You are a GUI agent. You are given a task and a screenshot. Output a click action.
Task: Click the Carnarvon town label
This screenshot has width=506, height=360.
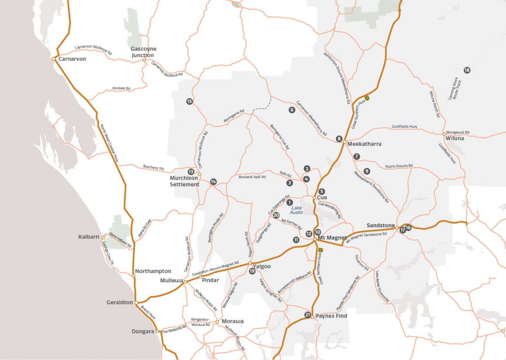(x=72, y=59)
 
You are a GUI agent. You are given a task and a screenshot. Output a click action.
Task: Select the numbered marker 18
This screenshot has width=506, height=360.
(x=467, y=70)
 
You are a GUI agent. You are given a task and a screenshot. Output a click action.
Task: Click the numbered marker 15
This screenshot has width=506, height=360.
(x=189, y=101)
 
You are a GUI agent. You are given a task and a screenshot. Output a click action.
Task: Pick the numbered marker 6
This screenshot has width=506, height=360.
(x=292, y=110)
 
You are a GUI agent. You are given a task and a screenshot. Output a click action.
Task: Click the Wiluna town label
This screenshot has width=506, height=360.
(x=455, y=138)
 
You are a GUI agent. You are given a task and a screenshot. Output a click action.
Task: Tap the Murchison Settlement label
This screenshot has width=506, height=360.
(x=184, y=181)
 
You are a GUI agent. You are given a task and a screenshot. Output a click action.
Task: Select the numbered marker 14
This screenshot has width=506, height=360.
(x=213, y=181)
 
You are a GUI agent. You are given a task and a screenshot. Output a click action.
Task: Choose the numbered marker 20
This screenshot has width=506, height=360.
(x=276, y=215)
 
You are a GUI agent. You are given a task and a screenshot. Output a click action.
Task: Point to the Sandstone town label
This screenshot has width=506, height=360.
(x=380, y=225)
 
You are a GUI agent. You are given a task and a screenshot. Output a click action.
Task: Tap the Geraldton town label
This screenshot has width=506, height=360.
(x=119, y=302)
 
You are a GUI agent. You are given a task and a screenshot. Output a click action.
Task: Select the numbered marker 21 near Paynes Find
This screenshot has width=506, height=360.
(x=307, y=315)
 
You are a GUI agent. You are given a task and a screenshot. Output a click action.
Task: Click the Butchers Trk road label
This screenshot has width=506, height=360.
(x=153, y=168)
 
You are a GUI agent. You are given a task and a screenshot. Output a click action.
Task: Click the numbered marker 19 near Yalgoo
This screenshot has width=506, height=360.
(x=252, y=271)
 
